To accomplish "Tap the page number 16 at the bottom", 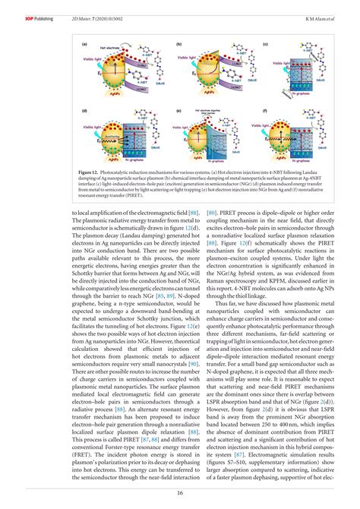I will (x=180, y=492).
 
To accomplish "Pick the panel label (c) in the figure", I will (x=266, y=46).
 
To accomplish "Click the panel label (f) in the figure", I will (x=266, y=109).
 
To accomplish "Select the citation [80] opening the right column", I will (x=192, y=213).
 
